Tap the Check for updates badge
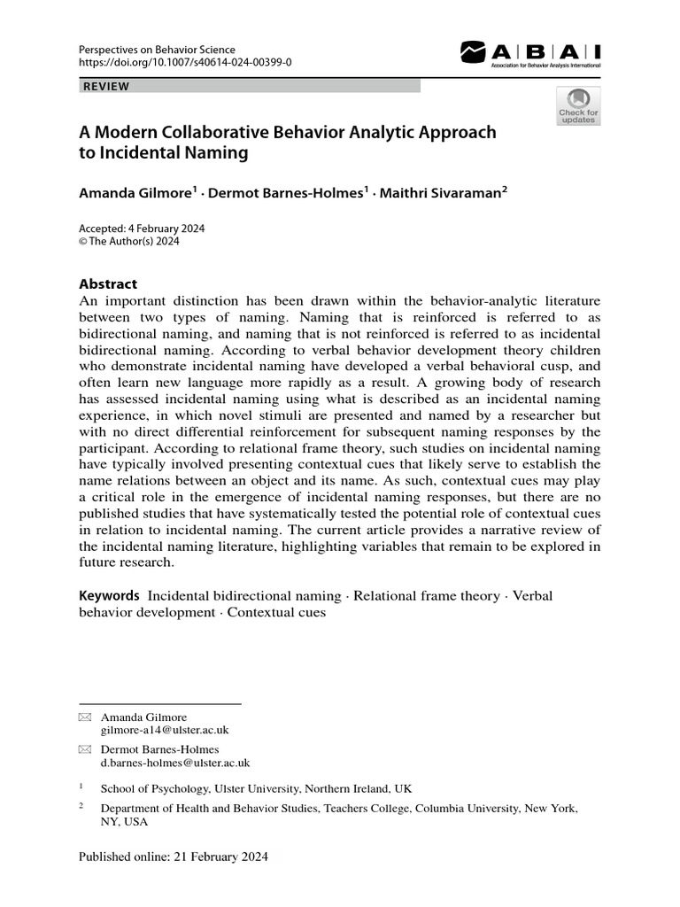[x=577, y=106]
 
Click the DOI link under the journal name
[x=184, y=62]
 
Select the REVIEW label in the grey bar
[x=106, y=86]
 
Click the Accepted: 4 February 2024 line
[x=142, y=229]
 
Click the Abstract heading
[x=108, y=284]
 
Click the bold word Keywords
[x=109, y=596]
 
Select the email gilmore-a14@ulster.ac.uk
[x=166, y=730]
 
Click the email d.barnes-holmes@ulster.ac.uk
[x=175, y=762]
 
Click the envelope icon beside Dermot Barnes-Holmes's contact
[x=84, y=749]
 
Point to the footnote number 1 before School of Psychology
[x=81, y=787]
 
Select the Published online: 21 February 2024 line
[x=173, y=857]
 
